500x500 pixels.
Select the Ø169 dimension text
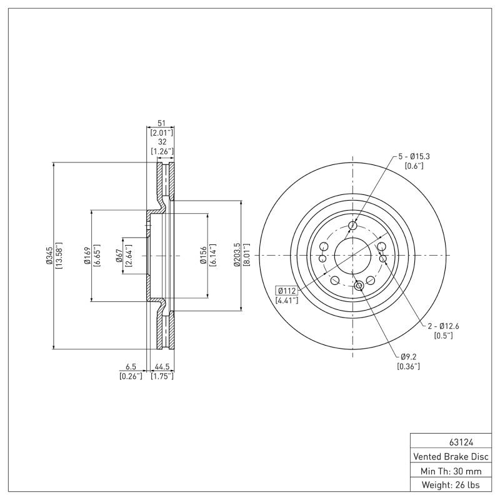(87, 256)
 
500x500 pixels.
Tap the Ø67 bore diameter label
(119, 256)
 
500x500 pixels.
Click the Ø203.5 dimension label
(237, 256)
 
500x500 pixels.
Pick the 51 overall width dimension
(161, 123)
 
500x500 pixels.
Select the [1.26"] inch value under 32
(161, 152)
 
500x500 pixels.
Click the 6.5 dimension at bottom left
(131, 367)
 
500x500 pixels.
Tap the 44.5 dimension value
(162, 367)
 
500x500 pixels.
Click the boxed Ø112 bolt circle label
(287, 291)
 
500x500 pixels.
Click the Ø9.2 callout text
(408, 357)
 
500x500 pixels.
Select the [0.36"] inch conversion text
(408, 366)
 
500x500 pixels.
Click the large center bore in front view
(352, 255)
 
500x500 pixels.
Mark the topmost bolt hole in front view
(352, 226)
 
